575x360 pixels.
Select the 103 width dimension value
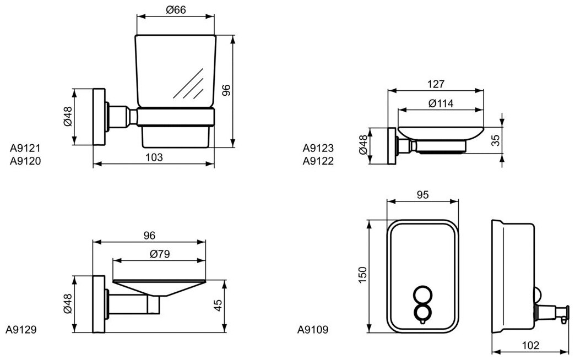point(155,157)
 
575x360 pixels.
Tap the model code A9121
point(26,148)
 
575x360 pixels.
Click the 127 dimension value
point(435,84)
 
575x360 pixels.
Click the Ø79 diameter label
point(159,254)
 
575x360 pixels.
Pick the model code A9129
point(21,330)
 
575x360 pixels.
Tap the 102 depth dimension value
point(529,345)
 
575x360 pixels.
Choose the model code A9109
point(313,330)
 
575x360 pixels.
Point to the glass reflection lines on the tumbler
point(190,85)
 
